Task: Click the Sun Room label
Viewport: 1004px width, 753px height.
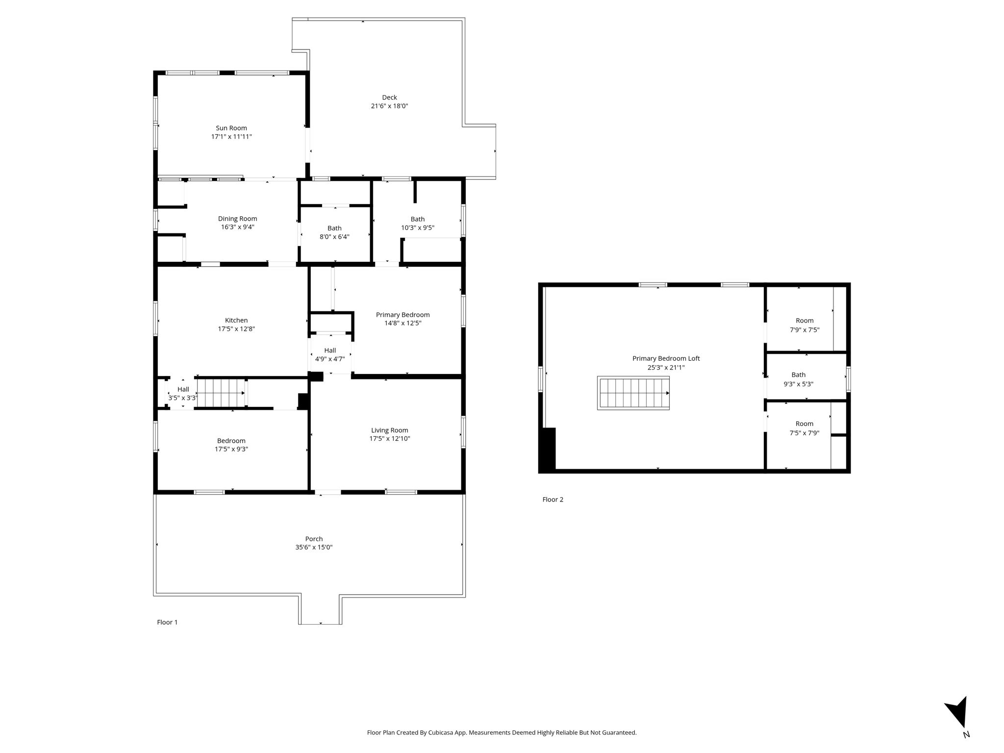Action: [x=231, y=128]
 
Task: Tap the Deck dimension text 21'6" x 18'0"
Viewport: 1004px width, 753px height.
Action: [x=389, y=106]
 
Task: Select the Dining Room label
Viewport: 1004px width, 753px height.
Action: [x=238, y=219]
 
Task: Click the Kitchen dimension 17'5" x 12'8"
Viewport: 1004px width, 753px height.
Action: [x=236, y=329]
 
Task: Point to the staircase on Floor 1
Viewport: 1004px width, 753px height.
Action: [x=221, y=393]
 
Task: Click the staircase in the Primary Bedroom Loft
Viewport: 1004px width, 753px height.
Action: [x=633, y=393]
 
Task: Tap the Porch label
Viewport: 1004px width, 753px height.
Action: [x=314, y=539]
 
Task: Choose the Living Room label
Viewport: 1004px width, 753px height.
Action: [x=390, y=430]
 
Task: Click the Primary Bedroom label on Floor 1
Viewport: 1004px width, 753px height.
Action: [x=403, y=315]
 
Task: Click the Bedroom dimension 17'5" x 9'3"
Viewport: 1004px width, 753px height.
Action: [x=231, y=449]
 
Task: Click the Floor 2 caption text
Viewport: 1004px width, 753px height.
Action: [x=553, y=500]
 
